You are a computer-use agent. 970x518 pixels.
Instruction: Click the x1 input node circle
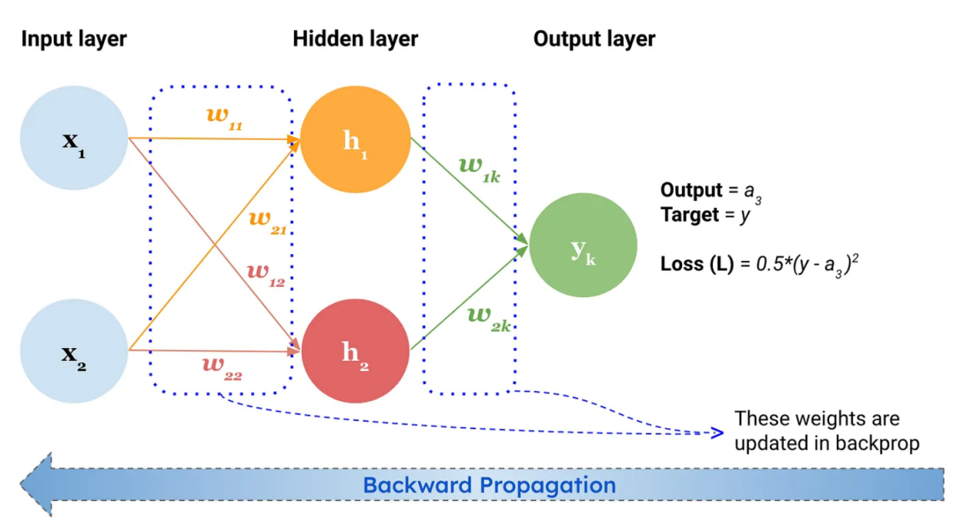click(x=74, y=138)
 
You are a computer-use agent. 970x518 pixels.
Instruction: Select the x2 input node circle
click(x=74, y=351)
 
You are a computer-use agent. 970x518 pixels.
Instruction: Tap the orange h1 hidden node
click(x=355, y=139)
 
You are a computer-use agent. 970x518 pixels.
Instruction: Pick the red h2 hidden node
click(x=355, y=351)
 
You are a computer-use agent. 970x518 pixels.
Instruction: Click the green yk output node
click(x=583, y=245)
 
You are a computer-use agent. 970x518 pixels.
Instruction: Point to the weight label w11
click(x=224, y=119)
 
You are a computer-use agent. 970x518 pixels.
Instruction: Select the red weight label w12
click(x=266, y=275)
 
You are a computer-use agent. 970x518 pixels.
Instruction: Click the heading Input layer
click(x=74, y=39)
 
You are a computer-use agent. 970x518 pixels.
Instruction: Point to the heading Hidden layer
click(x=355, y=39)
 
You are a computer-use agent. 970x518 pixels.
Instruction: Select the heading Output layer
click(x=595, y=39)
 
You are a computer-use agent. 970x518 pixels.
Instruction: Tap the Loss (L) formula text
click(x=759, y=265)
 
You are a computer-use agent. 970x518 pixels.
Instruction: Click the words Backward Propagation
click(x=489, y=484)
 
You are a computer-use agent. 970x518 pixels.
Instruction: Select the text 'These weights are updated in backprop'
click(x=827, y=431)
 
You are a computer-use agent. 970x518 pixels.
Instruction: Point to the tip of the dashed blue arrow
click(x=723, y=432)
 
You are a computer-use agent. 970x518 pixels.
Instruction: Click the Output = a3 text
click(x=710, y=192)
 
